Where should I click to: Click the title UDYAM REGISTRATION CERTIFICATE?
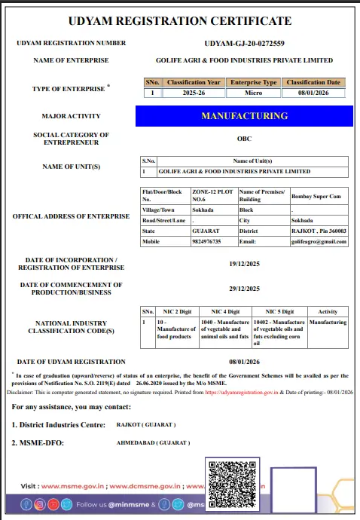tap(180, 21)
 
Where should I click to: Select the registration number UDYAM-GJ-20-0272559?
tap(245, 44)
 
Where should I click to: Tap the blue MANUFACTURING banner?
tap(244, 116)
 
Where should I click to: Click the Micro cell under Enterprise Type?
tap(254, 93)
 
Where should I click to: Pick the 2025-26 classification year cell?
tap(194, 93)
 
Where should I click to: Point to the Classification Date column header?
tap(313, 82)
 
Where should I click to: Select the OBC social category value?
tap(244, 139)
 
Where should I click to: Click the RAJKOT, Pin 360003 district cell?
tap(319, 231)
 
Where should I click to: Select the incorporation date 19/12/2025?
tap(244, 265)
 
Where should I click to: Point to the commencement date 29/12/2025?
tap(244, 289)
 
